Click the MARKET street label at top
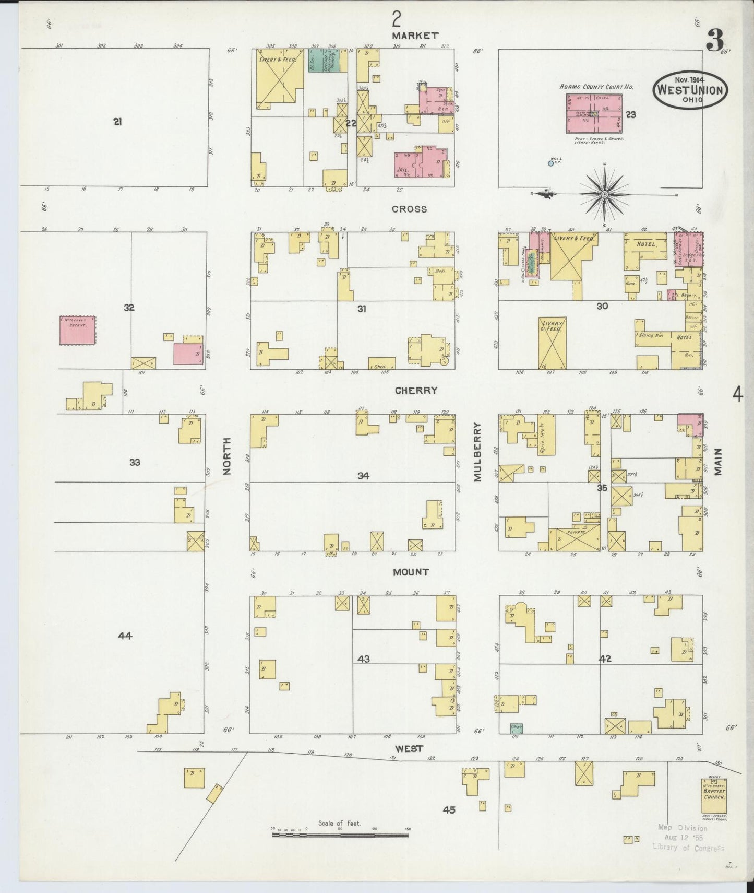(x=415, y=36)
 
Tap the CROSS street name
(x=410, y=209)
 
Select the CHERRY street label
(x=416, y=391)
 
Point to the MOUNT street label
(x=411, y=572)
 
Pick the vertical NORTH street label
(x=226, y=456)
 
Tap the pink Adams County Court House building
(x=593, y=114)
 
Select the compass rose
(x=604, y=195)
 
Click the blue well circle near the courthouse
(x=550, y=164)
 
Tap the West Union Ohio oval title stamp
(x=690, y=90)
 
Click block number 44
(x=125, y=636)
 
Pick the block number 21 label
(x=118, y=122)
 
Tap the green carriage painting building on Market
(x=324, y=61)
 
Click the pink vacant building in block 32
(x=78, y=330)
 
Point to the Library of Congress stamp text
(x=688, y=848)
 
